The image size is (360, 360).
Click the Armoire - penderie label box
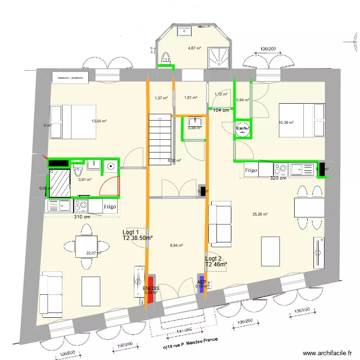[x=70, y=77]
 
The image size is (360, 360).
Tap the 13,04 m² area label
[x=99, y=121]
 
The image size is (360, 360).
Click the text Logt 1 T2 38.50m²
[x=137, y=235]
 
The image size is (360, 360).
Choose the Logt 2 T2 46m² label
[x=216, y=261]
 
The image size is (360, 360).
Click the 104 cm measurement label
[x=220, y=110]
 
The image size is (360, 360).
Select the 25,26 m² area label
[x=260, y=215]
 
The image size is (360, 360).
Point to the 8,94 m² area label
[x=177, y=245]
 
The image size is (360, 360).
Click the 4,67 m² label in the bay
[x=194, y=48]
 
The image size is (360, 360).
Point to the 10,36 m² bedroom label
[x=286, y=122]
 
